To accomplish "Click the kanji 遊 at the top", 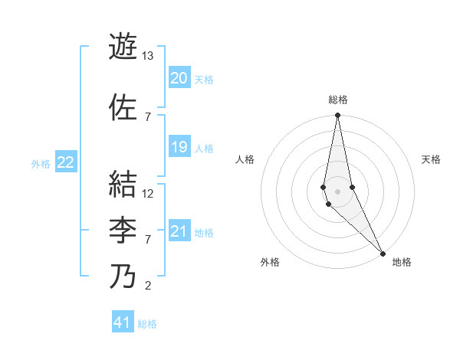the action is click(x=123, y=46).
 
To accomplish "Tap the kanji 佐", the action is click(x=123, y=106).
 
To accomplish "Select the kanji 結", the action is click(x=123, y=184).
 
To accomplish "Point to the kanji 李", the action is click(x=123, y=230).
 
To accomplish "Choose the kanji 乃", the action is click(x=123, y=277).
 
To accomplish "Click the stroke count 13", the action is click(x=148, y=56).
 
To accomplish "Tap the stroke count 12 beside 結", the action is click(x=148, y=194).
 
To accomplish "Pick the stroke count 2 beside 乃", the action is click(x=148, y=286).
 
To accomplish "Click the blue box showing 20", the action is click(x=179, y=77).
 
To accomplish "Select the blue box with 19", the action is click(x=179, y=147).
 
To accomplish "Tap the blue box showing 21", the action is click(x=179, y=231).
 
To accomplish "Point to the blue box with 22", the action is click(x=66, y=162).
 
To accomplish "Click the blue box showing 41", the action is click(x=123, y=322).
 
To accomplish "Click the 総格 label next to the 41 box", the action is click(x=148, y=324).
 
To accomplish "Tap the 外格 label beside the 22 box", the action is click(x=41, y=163).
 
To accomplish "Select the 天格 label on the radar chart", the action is click(x=432, y=159).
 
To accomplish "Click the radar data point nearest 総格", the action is click(x=337, y=116).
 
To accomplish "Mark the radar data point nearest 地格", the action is click(x=383, y=252).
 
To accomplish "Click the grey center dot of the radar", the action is click(x=337, y=191).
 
